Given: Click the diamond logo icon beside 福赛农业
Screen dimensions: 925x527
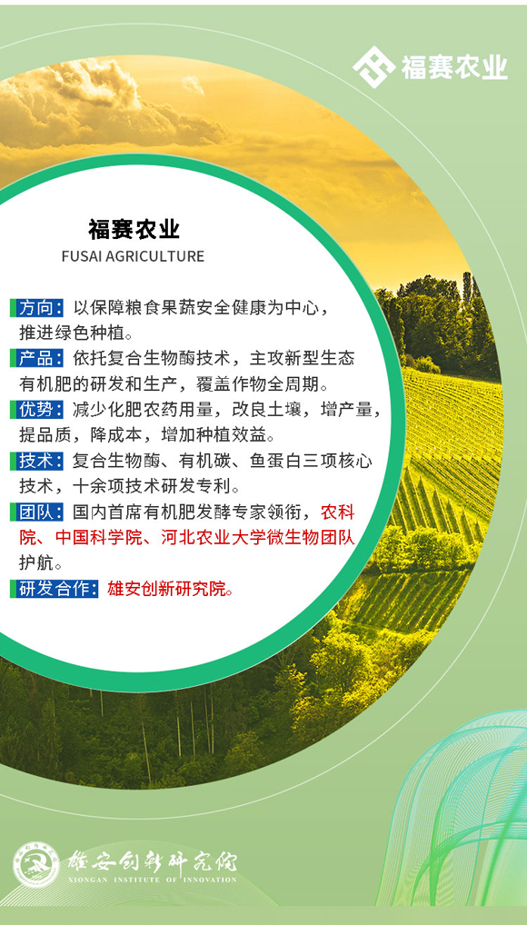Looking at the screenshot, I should coord(373,65).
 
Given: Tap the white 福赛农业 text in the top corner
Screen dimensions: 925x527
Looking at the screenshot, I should coord(453,66).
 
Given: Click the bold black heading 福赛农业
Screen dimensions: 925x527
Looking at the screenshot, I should coord(133,227).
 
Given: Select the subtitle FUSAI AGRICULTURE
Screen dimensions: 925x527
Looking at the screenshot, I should coord(133,256).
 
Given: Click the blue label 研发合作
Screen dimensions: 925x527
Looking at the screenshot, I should coord(55,588).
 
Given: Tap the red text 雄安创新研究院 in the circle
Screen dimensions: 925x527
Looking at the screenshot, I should coord(170,588).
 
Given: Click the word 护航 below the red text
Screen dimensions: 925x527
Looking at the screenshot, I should coord(41,562).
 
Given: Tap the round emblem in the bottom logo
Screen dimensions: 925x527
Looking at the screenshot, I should coord(36,864).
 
